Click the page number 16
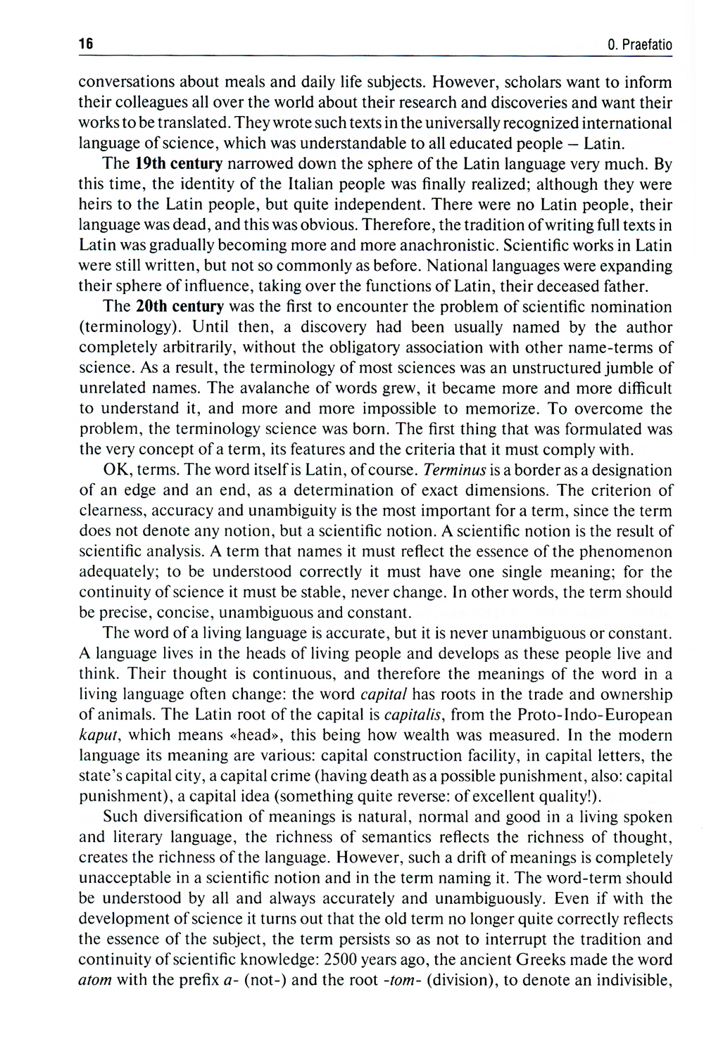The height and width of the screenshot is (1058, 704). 85,44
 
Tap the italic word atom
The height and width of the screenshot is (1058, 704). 94,980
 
